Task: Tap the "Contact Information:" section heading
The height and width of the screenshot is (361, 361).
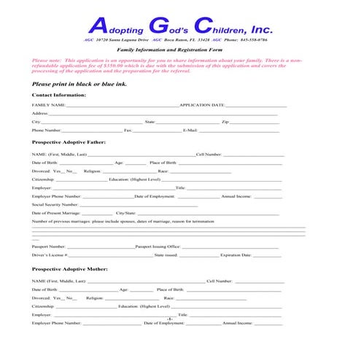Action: tap(59, 95)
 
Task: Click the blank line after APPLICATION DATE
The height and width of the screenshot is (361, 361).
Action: tap(256, 106)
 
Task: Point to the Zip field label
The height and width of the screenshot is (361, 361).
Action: tap(225, 122)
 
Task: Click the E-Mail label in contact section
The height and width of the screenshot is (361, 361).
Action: tap(190, 130)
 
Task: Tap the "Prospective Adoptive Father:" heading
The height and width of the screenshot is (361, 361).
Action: tap(69, 141)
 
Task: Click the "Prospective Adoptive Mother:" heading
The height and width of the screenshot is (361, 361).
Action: tap(70, 269)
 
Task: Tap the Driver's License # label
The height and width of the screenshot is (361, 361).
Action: tap(51, 255)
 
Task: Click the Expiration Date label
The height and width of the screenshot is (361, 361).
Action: tap(236, 255)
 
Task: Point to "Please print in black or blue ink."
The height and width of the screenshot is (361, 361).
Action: tap(78, 84)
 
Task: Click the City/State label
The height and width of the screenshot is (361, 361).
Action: tap(116, 213)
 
